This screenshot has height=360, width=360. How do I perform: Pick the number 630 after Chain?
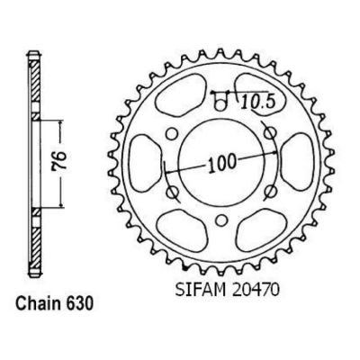click(87, 297)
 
